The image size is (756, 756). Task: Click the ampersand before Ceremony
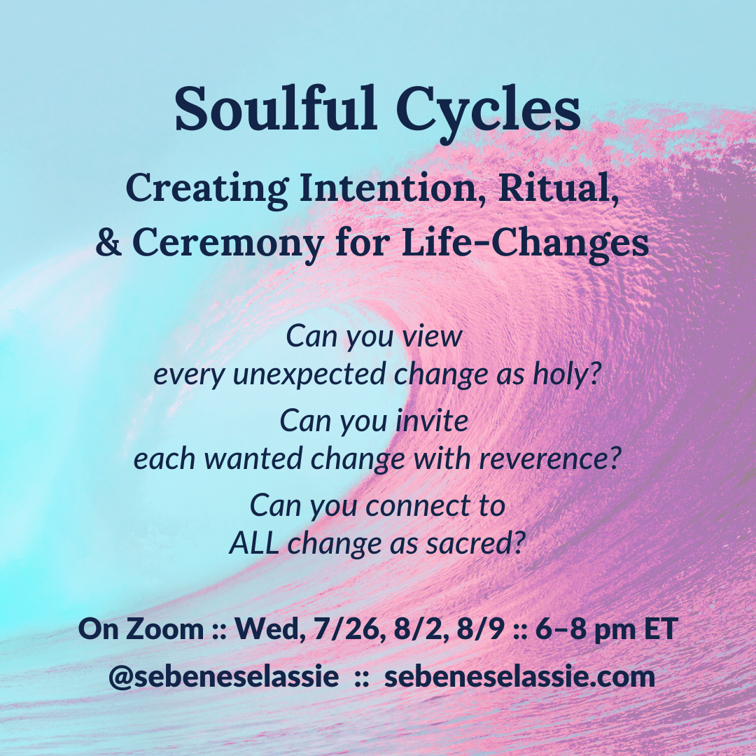coord(108,241)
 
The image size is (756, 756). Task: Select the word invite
coord(432,420)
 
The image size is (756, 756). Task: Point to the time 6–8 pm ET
coord(606,630)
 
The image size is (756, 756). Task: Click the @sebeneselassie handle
coord(224,677)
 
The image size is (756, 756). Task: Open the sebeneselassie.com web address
coord(519,676)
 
